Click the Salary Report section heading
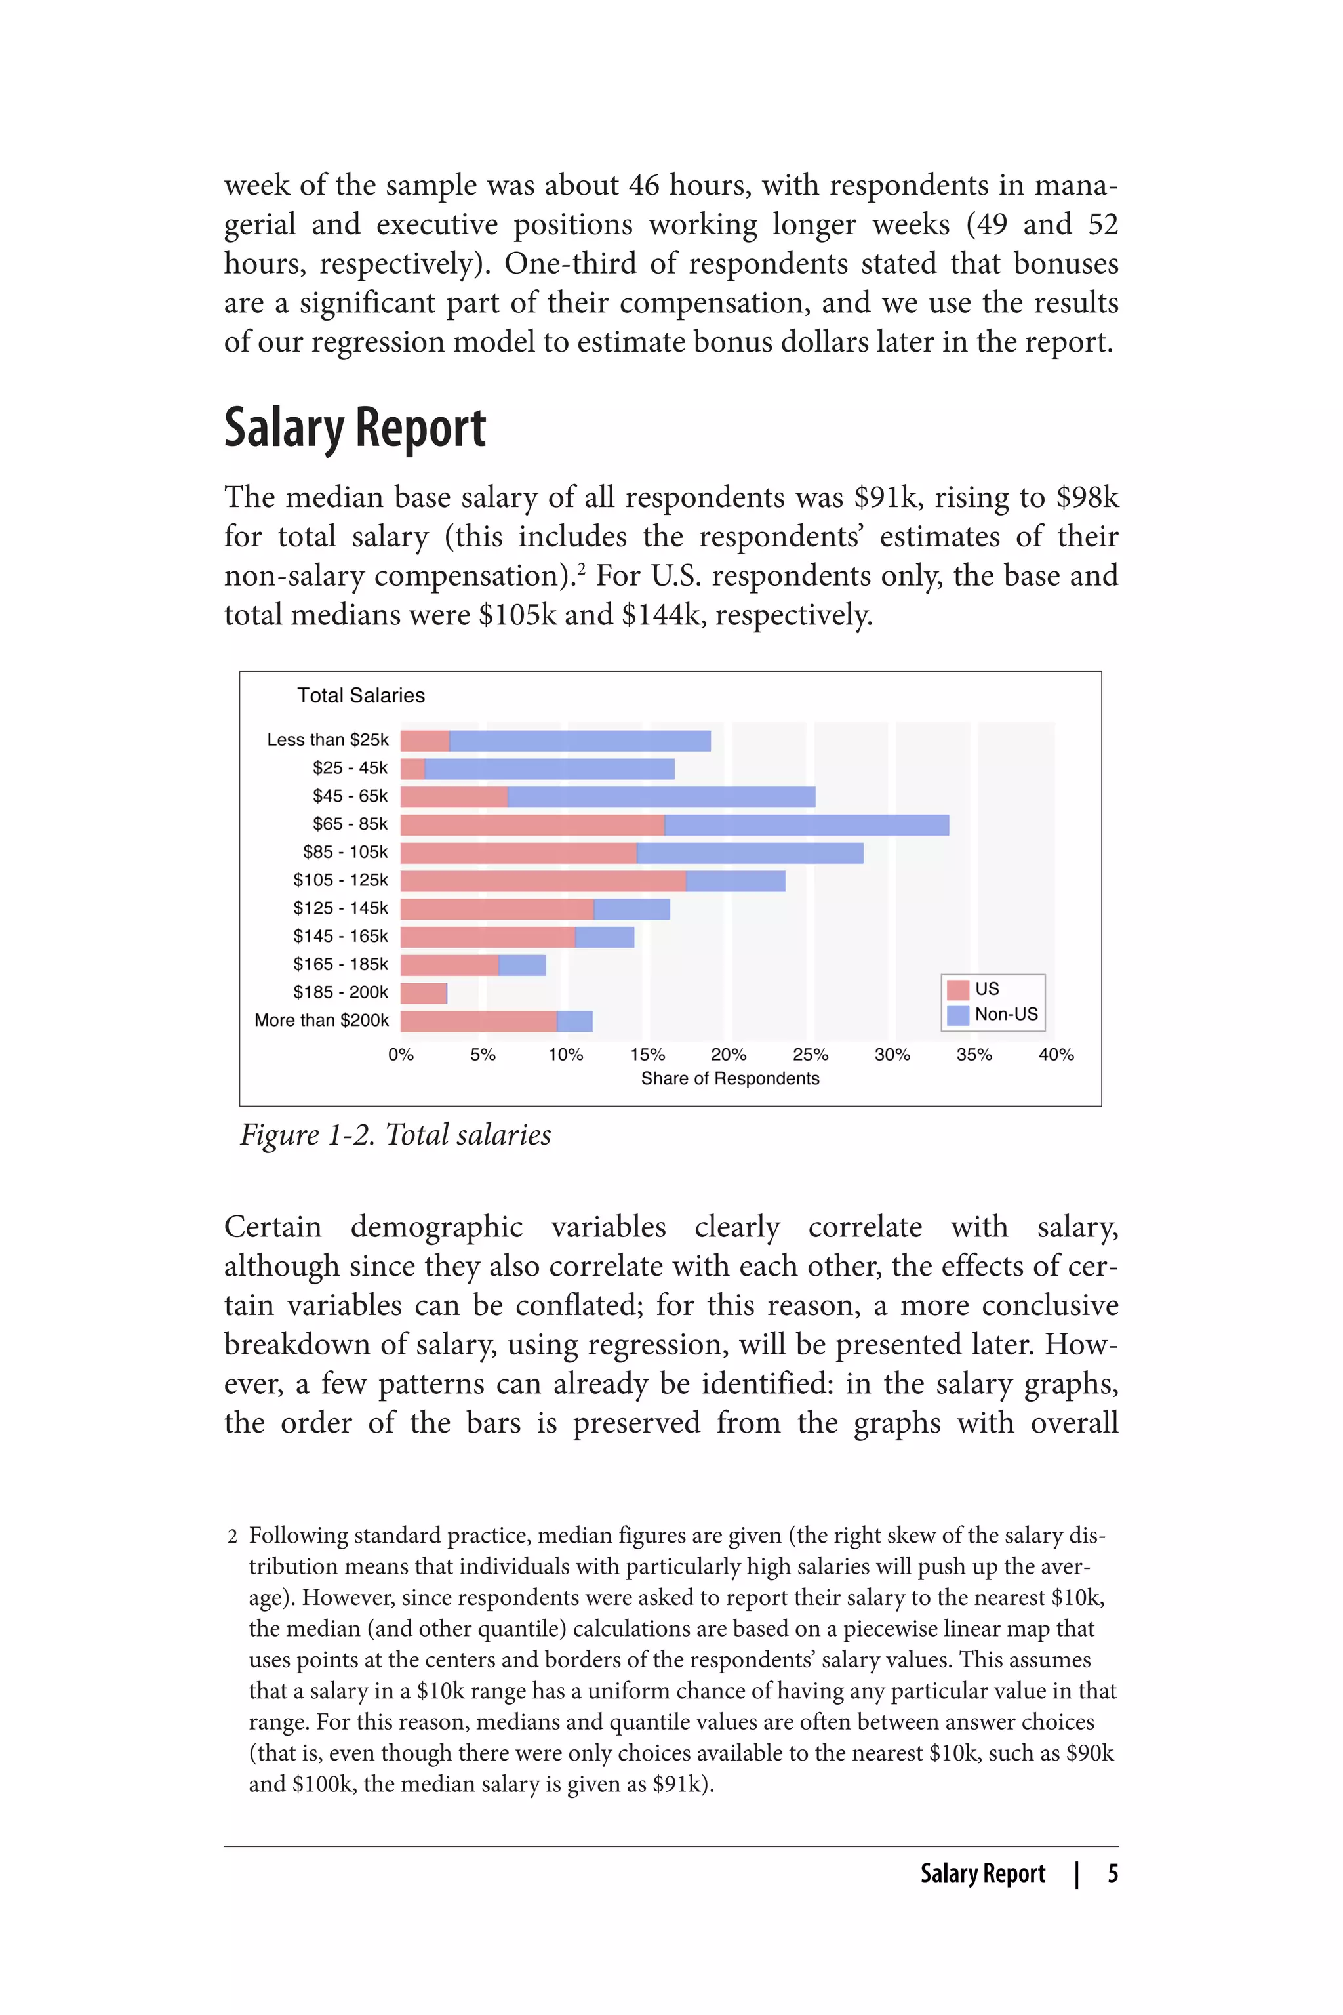(x=355, y=428)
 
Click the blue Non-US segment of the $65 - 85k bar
(x=806, y=825)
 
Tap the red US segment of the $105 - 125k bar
(x=543, y=881)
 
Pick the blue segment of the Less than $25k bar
(x=580, y=741)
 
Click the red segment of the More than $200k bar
(x=478, y=1021)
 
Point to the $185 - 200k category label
(x=340, y=992)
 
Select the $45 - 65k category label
(x=350, y=796)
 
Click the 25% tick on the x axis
(x=811, y=1055)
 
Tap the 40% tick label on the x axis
(x=1056, y=1055)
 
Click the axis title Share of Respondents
(x=730, y=1078)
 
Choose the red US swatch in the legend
(x=957, y=990)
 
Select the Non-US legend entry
(x=1005, y=1014)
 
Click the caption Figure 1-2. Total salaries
(x=395, y=1135)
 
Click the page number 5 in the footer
(x=1113, y=1873)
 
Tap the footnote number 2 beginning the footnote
(x=232, y=1537)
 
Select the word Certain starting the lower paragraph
(x=272, y=1227)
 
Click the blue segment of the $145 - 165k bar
(x=605, y=937)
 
